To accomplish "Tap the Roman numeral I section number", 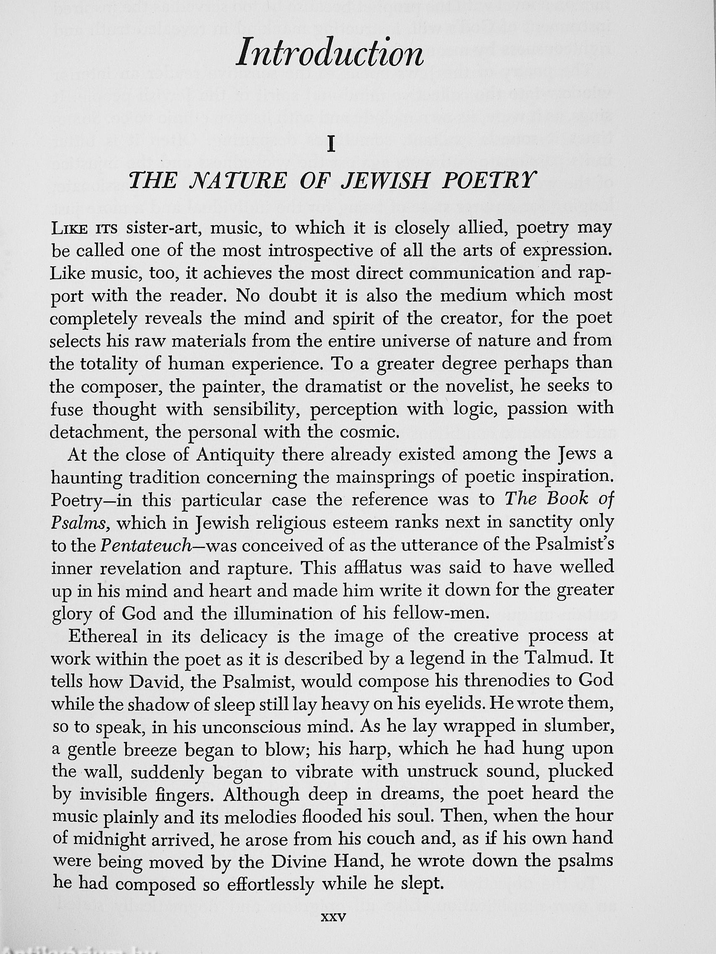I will click(x=331, y=145).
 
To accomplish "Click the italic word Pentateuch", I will click(x=146, y=546).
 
